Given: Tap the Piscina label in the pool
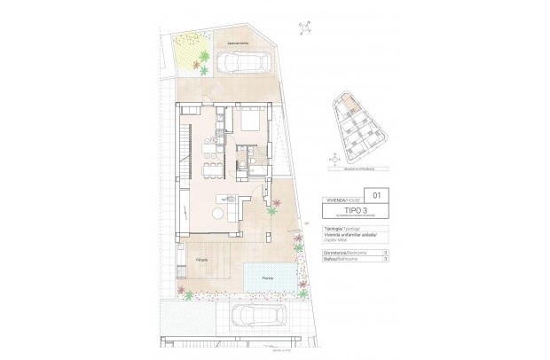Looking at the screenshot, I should pyautogui.click(x=268, y=279).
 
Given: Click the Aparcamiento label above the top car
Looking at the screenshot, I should pyautogui.click(x=235, y=43).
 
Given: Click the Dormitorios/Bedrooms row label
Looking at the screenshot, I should pyautogui.click(x=342, y=253).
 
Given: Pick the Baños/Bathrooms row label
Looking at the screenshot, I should pyautogui.click(x=340, y=260).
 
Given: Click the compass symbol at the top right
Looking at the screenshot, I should pyautogui.click(x=306, y=28).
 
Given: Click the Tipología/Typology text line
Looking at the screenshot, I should pyautogui.click(x=341, y=228).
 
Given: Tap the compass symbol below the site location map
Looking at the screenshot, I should pyautogui.click(x=332, y=160).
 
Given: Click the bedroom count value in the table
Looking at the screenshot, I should pyautogui.click(x=384, y=253).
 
